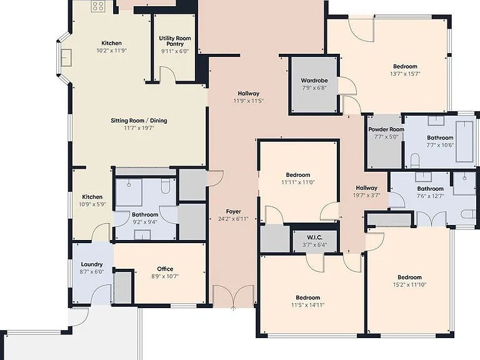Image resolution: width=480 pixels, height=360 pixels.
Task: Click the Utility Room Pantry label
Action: [175, 41]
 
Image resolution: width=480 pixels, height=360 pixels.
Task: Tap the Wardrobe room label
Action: [314, 81]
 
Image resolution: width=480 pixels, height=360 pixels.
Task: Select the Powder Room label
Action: [386, 129]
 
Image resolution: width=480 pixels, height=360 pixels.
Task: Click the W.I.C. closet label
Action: [314, 237]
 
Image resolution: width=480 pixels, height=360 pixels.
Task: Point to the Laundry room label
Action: [92, 264]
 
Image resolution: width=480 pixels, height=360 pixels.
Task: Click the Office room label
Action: [165, 269]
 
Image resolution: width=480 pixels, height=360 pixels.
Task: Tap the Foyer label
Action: [233, 211]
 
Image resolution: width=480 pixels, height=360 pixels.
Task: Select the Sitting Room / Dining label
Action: [139, 121]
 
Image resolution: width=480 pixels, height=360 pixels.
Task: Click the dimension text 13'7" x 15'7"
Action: [405, 74]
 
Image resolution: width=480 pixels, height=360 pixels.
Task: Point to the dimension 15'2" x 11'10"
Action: [409, 285]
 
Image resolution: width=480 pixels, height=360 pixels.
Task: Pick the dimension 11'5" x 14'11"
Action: [307, 305]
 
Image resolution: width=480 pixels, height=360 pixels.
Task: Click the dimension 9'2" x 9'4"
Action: [145, 222]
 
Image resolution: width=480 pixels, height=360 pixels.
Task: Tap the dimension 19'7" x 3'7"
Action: [366, 195]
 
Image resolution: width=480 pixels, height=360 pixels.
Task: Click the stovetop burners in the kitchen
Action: [98, 6]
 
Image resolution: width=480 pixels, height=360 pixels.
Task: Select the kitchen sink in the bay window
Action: [66, 57]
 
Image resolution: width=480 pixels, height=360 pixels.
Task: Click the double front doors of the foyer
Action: [233, 296]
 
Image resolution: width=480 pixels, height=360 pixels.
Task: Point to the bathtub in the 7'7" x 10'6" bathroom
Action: [464, 141]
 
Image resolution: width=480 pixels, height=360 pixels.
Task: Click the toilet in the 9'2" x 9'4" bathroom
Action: [165, 186]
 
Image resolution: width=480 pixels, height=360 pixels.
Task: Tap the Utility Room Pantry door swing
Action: [167, 74]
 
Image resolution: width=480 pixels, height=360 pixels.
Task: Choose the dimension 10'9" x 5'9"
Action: [92, 204]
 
